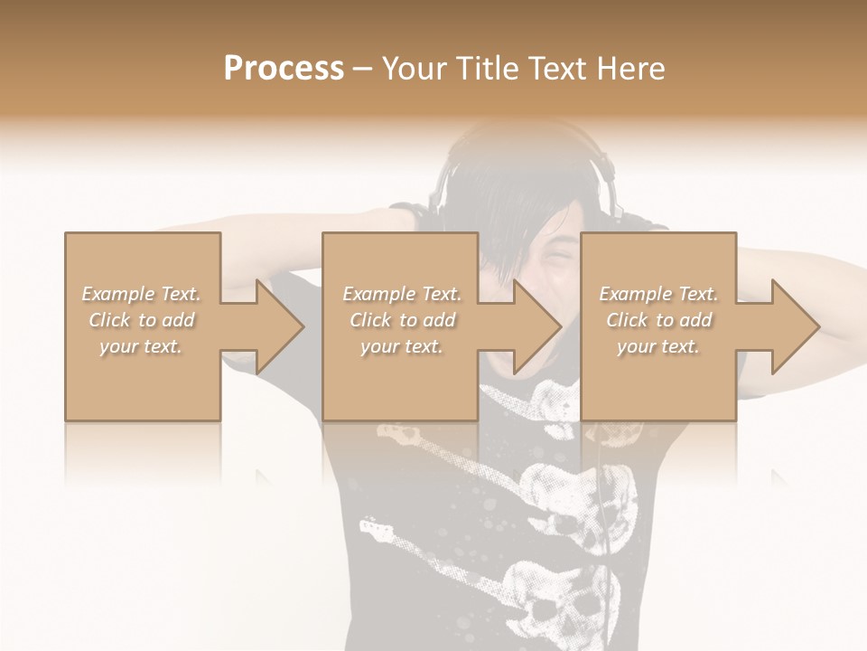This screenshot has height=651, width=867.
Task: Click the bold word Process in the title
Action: click(284, 69)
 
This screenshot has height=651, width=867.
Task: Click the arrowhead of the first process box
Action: click(281, 326)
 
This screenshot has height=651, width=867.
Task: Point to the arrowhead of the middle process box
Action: click(538, 326)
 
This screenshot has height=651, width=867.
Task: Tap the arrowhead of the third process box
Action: click(796, 326)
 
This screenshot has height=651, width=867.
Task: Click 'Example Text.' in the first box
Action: click(142, 294)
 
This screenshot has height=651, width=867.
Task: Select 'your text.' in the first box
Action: click(142, 346)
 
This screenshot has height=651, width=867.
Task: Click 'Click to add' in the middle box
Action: click(402, 320)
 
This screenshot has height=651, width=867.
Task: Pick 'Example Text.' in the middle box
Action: click(402, 294)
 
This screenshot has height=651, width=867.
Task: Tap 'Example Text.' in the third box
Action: click(658, 294)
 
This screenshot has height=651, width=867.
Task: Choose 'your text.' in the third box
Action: click(658, 346)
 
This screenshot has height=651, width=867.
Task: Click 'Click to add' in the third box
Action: click(658, 320)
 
